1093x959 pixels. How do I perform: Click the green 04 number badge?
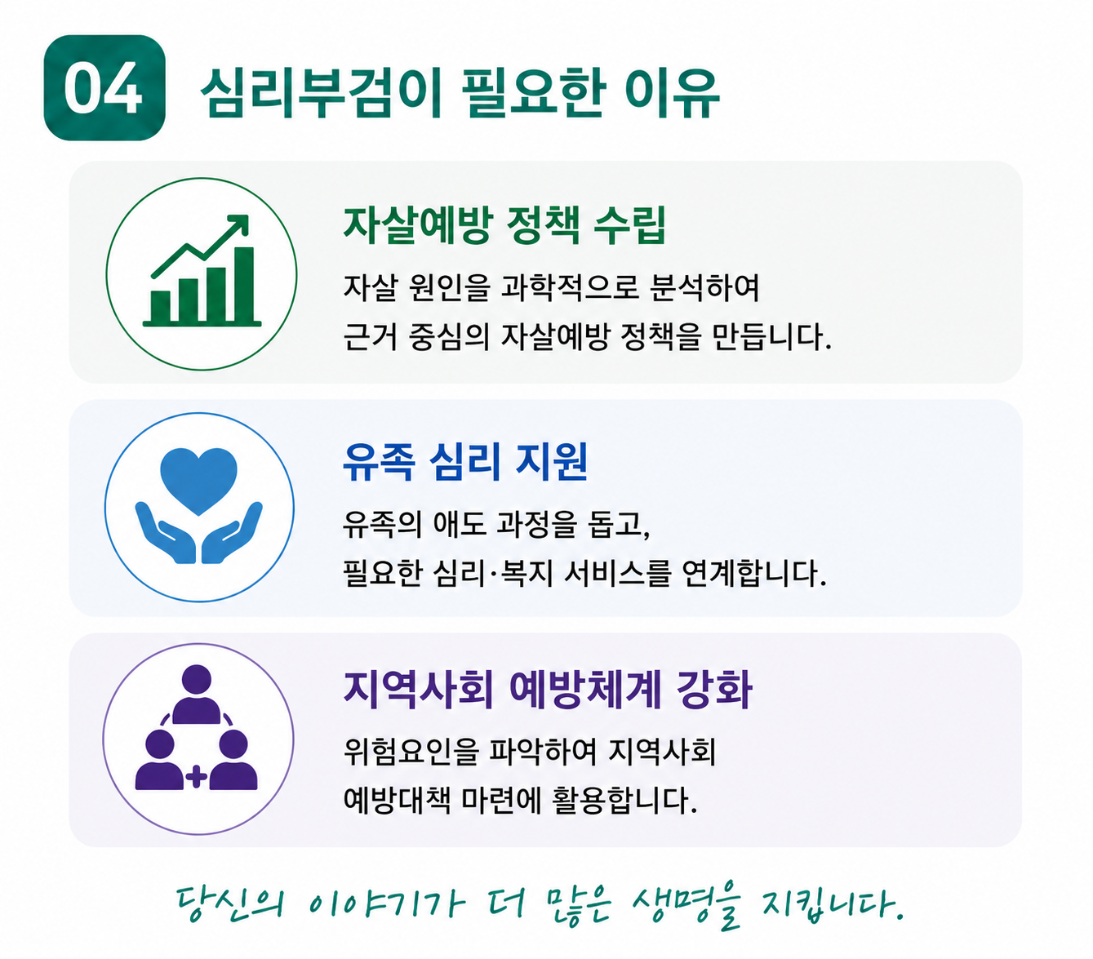click(x=104, y=88)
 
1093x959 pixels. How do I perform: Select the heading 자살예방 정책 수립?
click(x=504, y=225)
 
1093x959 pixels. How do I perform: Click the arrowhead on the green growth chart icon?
click(x=239, y=224)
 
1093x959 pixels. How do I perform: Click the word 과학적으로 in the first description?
click(x=571, y=287)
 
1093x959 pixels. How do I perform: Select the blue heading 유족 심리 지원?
click(x=465, y=462)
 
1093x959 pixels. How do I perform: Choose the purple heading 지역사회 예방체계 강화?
click(x=547, y=690)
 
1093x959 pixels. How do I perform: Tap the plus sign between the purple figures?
click(x=197, y=777)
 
